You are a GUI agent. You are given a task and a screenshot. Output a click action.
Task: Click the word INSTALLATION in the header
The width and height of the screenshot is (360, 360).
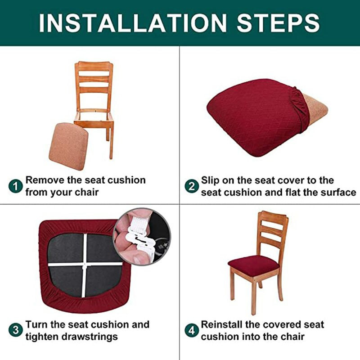click(133, 23)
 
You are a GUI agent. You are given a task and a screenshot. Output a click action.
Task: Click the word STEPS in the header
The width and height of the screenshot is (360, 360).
click(278, 23)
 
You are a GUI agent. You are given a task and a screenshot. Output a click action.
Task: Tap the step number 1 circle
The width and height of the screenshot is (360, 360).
click(16, 186)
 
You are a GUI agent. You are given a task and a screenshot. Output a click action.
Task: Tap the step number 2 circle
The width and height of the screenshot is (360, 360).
click(192, 186)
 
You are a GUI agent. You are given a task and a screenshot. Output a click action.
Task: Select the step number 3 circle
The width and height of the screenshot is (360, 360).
click(16, 331)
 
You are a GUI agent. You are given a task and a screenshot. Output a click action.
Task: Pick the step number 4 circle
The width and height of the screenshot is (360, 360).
click(192, 331)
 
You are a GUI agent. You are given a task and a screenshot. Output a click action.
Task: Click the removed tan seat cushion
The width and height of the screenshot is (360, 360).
click(68, 146)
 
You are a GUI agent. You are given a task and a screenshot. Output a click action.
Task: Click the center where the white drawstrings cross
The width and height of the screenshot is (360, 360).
click(85, 265)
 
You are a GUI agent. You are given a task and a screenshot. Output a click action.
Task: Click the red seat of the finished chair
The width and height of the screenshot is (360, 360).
click(253, 265)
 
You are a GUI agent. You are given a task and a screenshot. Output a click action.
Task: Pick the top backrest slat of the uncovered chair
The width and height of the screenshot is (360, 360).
click(94, 67)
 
